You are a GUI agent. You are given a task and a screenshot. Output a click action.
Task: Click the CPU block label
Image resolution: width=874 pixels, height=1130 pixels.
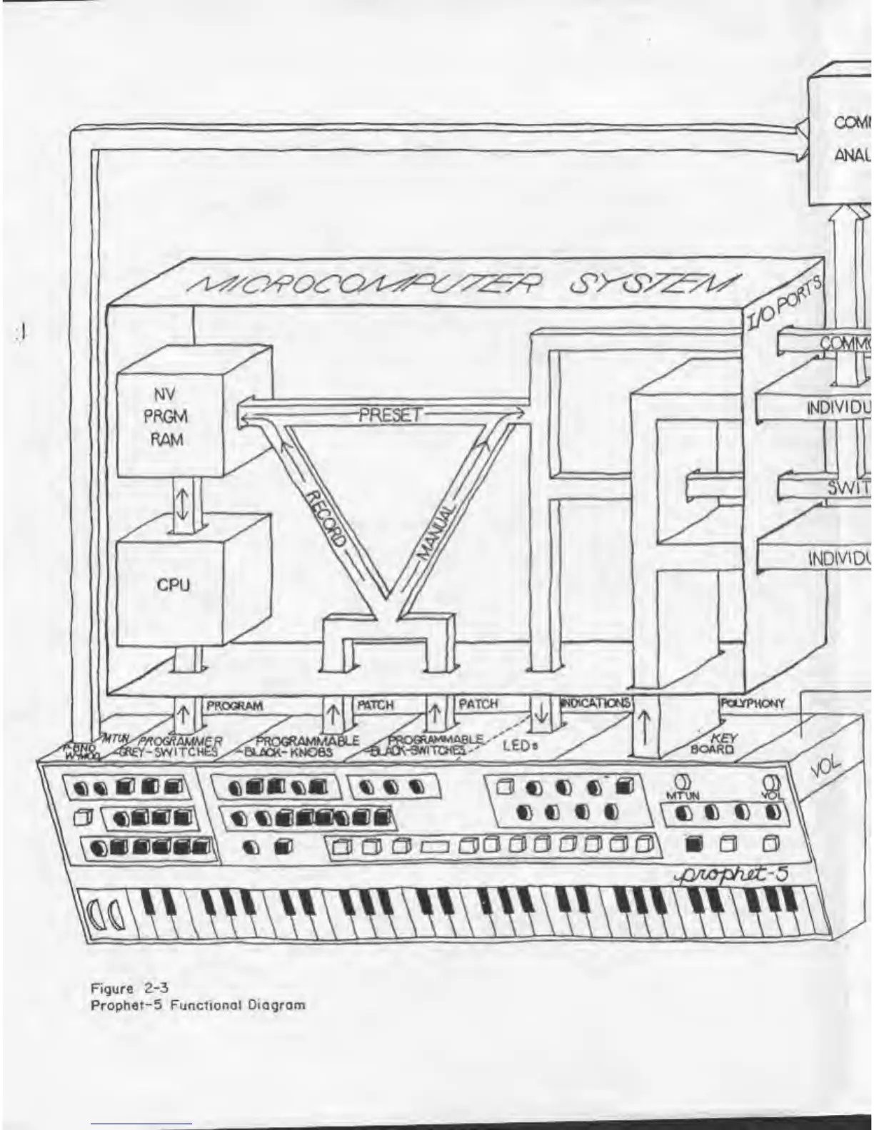[x=174, y=585]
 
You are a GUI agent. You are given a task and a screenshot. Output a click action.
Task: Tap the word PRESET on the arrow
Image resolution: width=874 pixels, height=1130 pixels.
[x=390, y=414]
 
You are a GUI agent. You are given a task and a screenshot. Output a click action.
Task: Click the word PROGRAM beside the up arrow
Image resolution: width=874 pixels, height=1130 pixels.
[x=234, y=706]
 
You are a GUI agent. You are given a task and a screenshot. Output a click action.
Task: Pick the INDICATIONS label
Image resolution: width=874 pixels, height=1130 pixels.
[x=596, y=703]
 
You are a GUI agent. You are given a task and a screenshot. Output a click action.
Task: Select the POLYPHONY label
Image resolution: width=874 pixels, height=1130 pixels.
[x=753, y=703]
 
